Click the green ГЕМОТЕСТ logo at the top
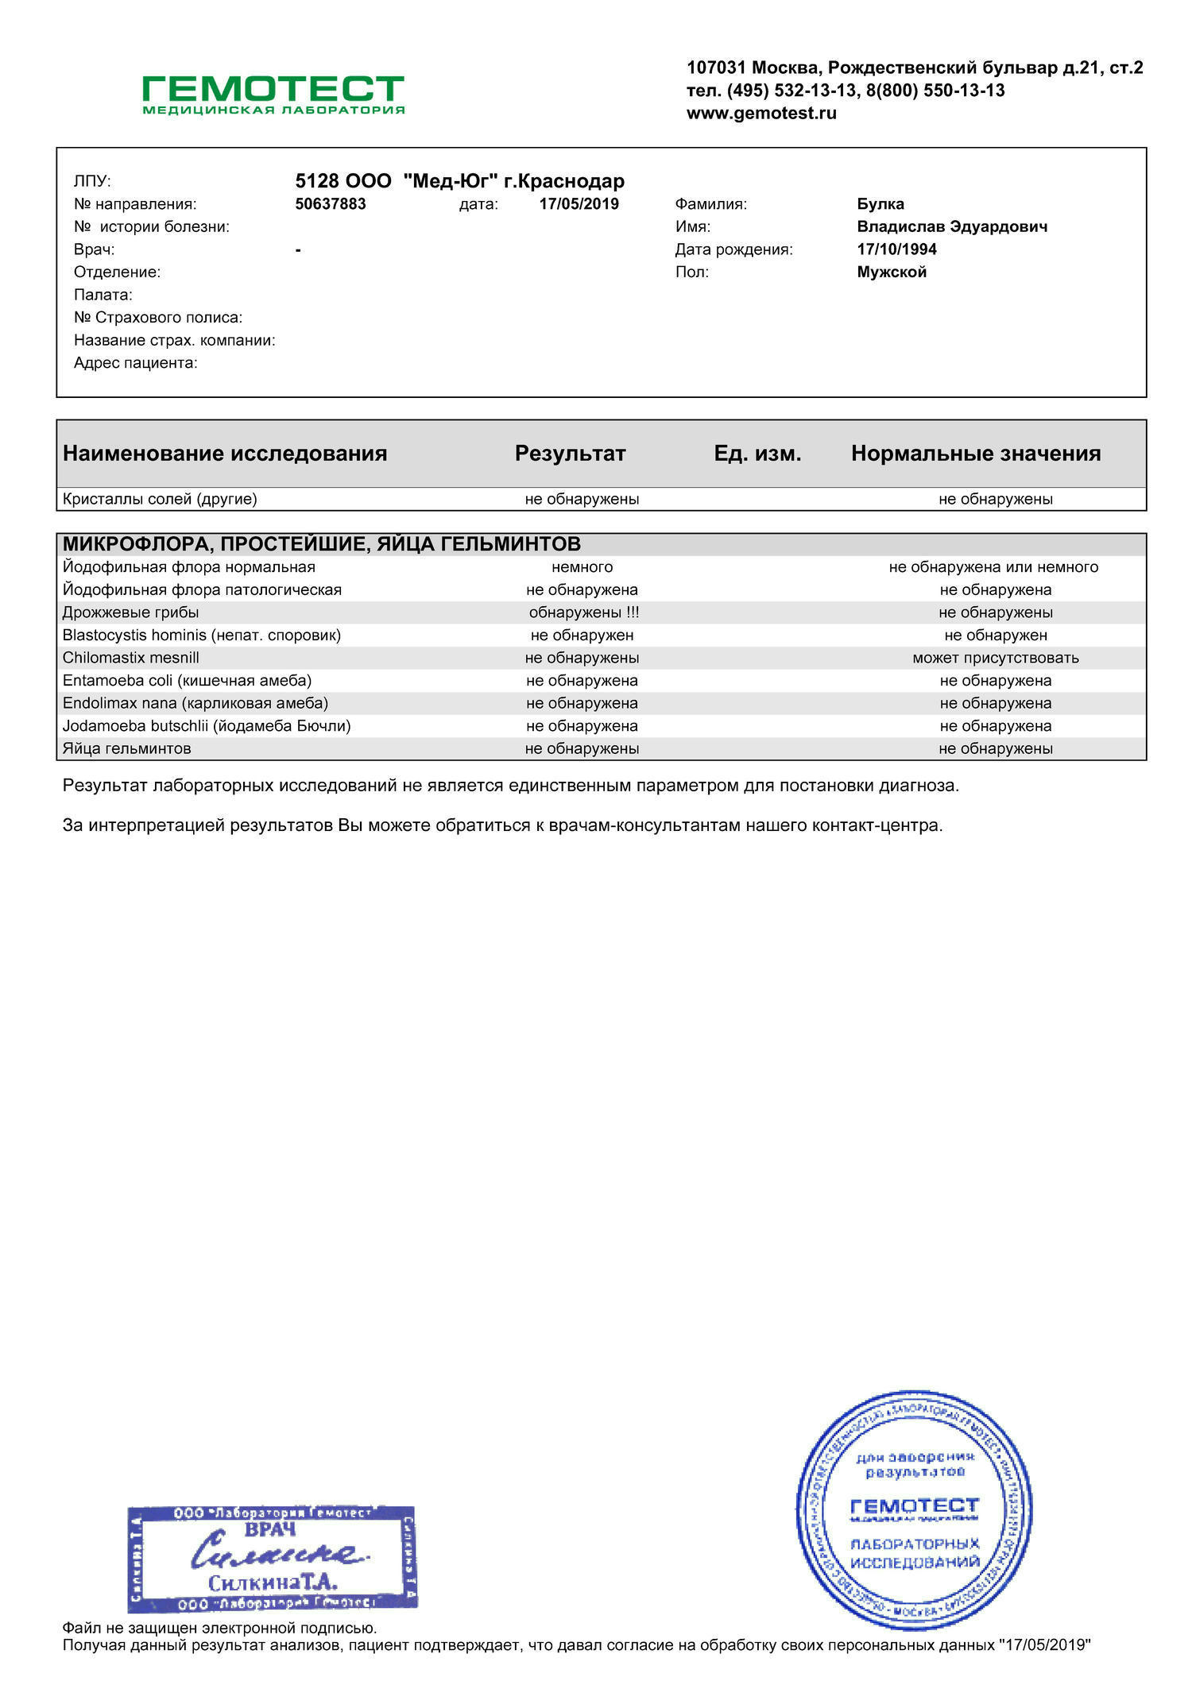273,94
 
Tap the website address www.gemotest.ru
761,114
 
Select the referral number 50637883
331,204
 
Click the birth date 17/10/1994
896,249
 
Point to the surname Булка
880,204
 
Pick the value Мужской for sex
892,272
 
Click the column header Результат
570,454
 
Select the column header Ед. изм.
757,454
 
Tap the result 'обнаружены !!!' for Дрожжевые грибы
583,613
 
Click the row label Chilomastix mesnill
131,658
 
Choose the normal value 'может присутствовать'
995,658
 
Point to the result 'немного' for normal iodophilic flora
582,567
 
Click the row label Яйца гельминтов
127,748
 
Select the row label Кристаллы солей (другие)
160,500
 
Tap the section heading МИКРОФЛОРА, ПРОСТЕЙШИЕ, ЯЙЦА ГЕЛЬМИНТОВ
322,544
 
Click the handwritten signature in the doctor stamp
278,1551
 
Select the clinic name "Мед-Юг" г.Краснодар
513,181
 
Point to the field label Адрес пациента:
136,363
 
